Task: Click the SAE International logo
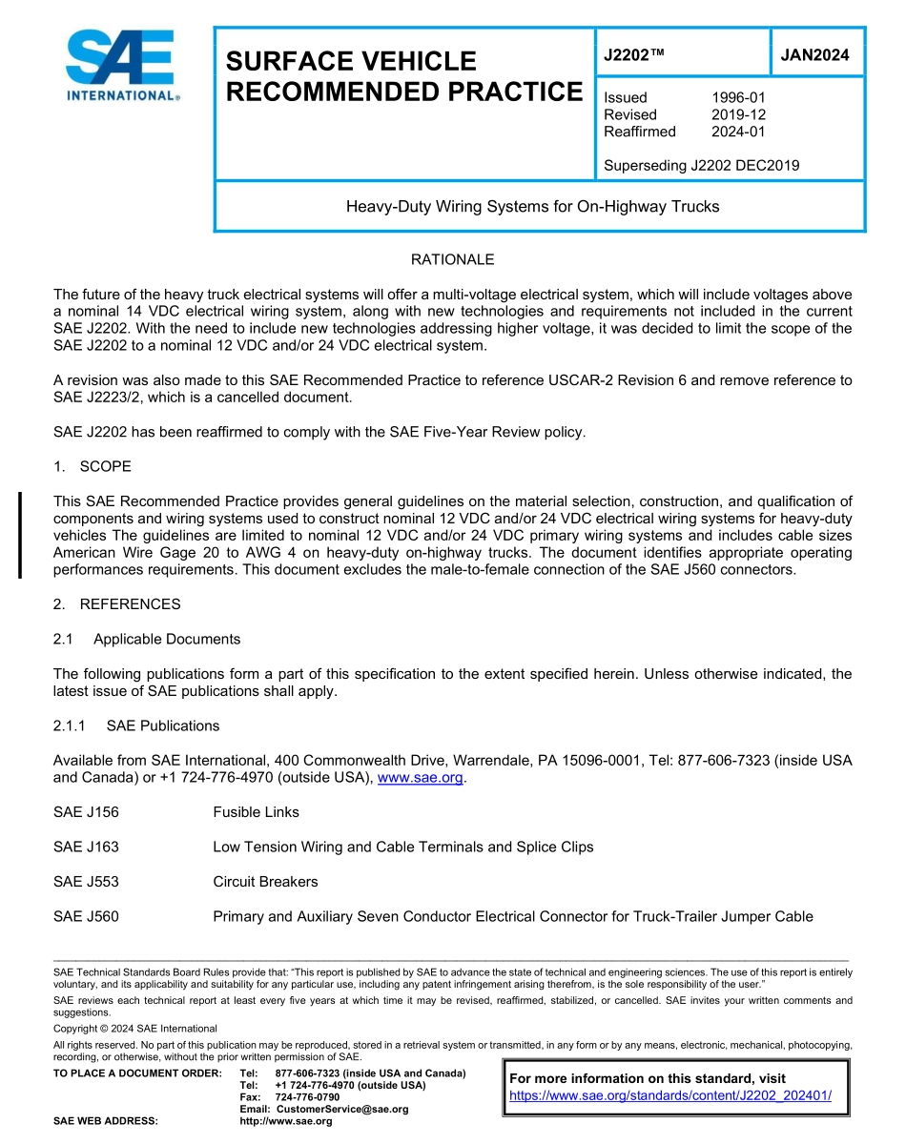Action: pos(120,66)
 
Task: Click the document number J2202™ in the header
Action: pos(633,54)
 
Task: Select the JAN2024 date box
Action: pos(814,54)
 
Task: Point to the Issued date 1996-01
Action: pos(738,97)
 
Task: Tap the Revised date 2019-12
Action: pos(738,114)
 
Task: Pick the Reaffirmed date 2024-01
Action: pos(738,132)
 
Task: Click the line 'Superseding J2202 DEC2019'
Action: pos(701,166)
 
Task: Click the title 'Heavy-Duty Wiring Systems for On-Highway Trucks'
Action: pos(532,206)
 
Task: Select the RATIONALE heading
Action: pos(452,259)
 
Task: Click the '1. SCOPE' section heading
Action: pos(93,466)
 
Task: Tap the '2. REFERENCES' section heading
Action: pos(116,604)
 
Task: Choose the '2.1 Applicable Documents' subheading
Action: pos(147,639)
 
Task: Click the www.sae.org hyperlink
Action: pos(420,778)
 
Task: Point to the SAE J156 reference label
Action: pos(86,812)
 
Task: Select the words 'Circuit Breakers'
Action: pos(265,882)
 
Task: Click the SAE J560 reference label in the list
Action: pos(86,916)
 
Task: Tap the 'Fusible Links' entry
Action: pos(256,812)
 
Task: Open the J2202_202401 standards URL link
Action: pos(670,1095)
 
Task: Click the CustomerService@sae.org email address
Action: pos(341,1109)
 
